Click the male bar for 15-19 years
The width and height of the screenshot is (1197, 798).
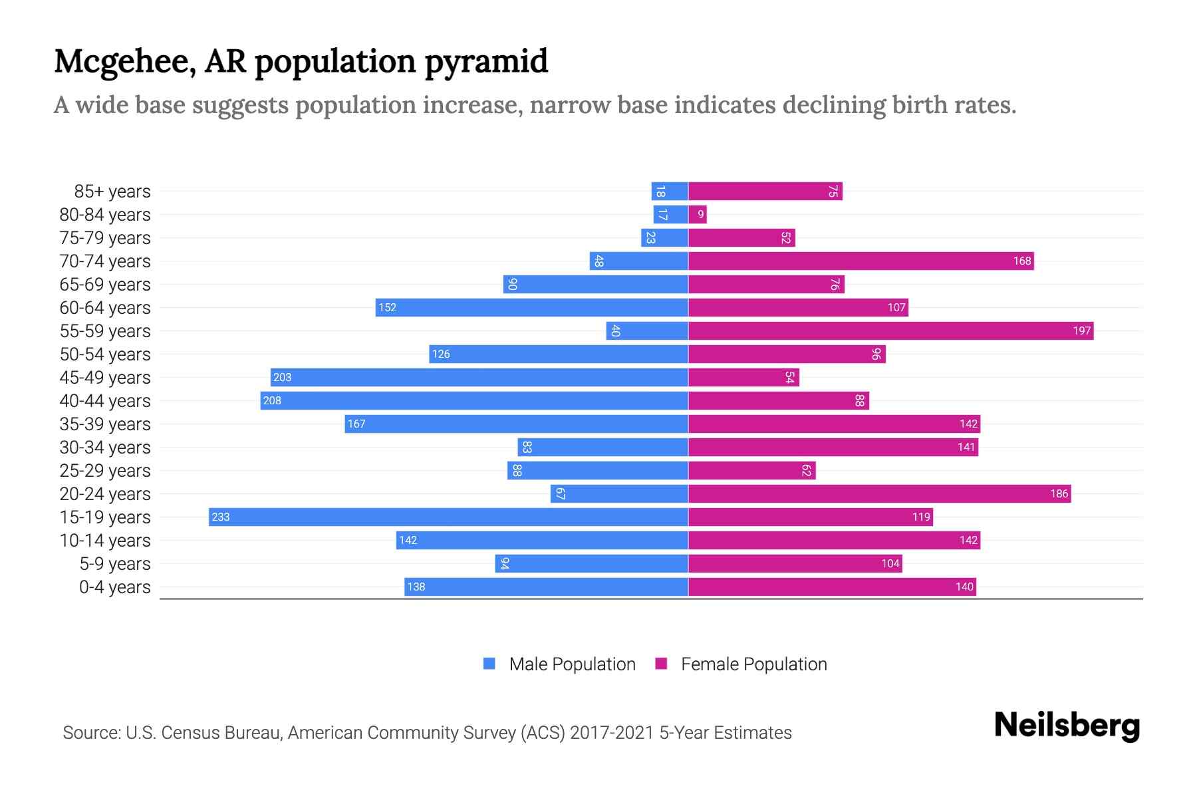pos(448,517)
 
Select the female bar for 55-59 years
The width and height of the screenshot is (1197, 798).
pos(890,331)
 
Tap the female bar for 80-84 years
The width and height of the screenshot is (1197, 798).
pos(698,214)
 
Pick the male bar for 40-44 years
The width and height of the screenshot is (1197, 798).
pos(474,400)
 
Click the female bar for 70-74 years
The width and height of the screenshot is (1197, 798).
pos(861,261)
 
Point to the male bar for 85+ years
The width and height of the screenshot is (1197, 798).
pos(670,191)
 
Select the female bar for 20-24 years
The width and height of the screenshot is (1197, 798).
pos(879,493)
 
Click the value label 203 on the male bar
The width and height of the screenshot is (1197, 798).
pos(282,377)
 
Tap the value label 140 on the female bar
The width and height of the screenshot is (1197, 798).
pos(964,587)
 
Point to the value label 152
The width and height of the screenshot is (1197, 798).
pos(387,307)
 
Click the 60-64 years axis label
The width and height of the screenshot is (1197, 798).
pos(105,308)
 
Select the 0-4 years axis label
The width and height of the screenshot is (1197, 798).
pos(114,587)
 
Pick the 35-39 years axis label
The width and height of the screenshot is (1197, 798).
pos(105,424)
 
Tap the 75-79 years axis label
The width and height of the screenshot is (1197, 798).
pos(105,238)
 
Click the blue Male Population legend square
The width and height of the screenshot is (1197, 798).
pos(489,664)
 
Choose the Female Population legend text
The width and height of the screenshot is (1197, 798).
pos(753,664)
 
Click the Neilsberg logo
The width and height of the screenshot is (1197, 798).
pos(1067,726)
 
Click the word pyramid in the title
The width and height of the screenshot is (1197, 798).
pos(486,61)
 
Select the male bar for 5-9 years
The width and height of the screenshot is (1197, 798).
pos(591,563)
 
